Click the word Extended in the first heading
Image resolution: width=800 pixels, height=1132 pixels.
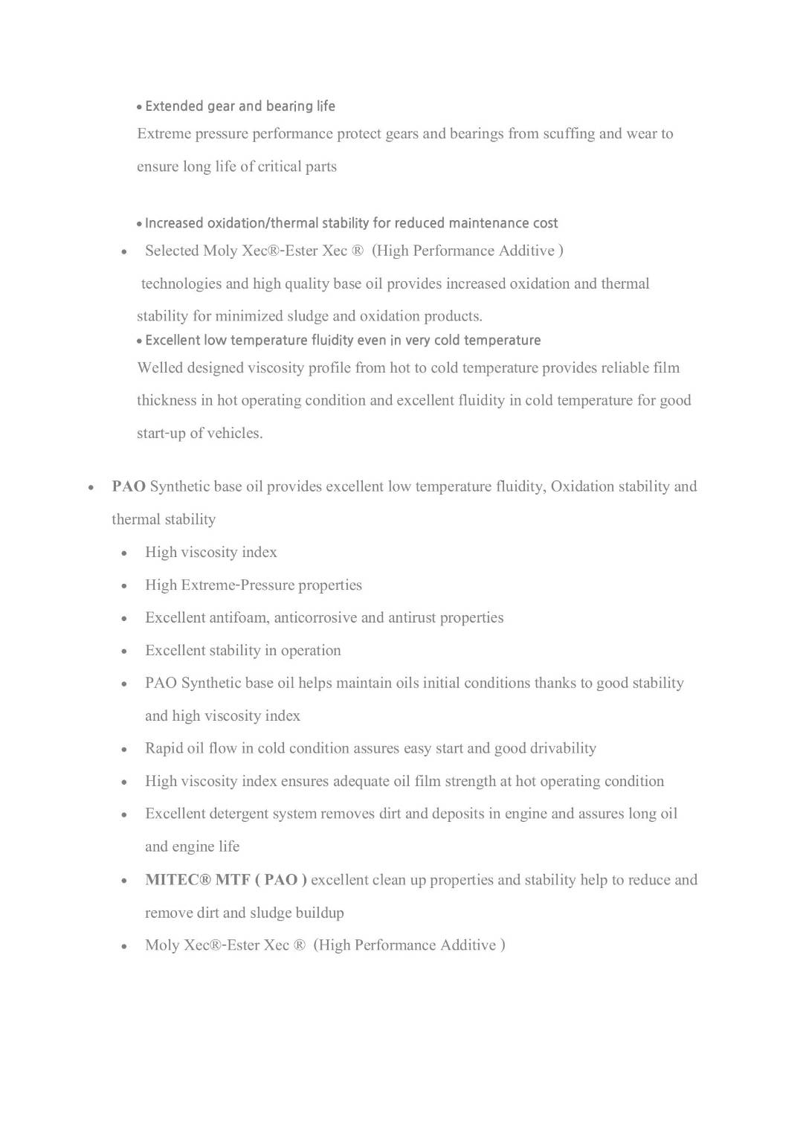pyautogui.click(x=174, y=106)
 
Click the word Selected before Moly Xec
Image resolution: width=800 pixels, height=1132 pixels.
pyautogui.click(x=172, y=251)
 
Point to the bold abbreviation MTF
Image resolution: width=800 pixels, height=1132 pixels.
pyautogui.click(x=233, y=880)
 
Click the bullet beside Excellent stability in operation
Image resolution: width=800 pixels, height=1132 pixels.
pyautogui.click(x=125, y=652)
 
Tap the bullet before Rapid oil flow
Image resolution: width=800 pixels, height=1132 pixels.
pyautogui.click(x=125, y=750)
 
